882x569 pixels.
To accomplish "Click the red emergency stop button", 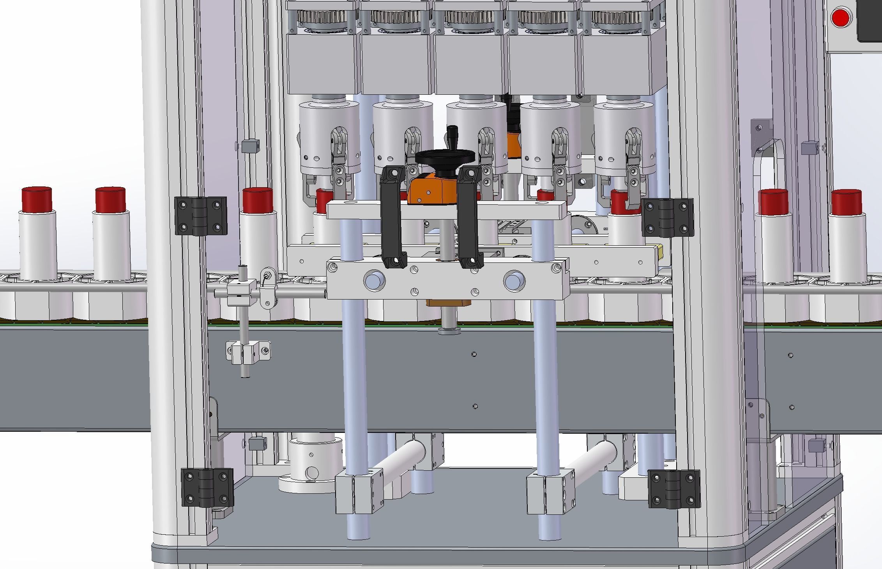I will (840, 18).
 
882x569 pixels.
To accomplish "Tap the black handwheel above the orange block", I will (445, 156).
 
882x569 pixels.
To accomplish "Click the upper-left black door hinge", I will (201, 216).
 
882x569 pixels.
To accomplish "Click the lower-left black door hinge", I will (207, 488).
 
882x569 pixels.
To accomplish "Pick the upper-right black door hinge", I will (667, 218).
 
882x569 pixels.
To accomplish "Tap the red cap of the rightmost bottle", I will (846, 202).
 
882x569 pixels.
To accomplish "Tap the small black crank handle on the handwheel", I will (452, 135).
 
